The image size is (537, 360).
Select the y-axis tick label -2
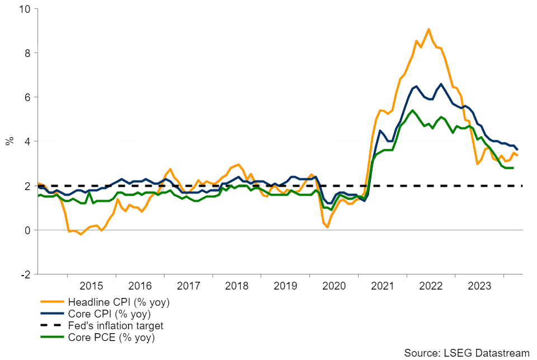pos(26,274)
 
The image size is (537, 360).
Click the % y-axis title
pos(10,141)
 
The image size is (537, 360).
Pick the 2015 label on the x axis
pos(91,286)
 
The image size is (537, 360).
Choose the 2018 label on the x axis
pos(237,286)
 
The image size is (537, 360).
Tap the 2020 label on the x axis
pos(334,286)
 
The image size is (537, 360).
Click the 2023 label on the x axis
pos(479,286)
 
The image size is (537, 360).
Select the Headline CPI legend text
pos(119,302)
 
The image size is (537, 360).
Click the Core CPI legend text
pos(109,314)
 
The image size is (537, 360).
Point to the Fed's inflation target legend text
pos(116,326)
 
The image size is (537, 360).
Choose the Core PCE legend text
pos(111,338)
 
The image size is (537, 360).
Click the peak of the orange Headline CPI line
pos(428,29)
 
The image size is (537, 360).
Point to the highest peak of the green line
pos(412,111)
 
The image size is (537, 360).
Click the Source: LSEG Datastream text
pos(467,353)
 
